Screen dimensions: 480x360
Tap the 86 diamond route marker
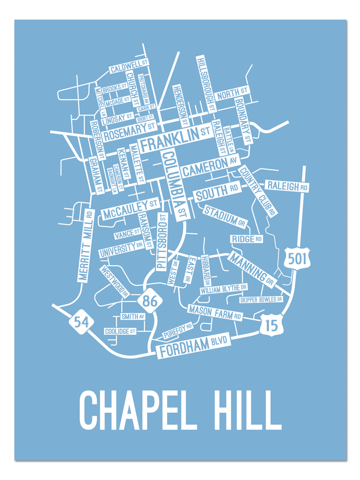[150, 301]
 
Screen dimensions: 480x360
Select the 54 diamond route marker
[82, 322]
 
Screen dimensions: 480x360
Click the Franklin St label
[175, 138]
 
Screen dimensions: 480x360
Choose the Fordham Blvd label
[194, 346]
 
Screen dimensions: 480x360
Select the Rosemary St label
[129, 131]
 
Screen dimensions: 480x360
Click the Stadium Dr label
[225, 216]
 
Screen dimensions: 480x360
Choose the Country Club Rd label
[258, 191]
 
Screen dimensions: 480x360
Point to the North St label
[232, 94]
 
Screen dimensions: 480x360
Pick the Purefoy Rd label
[178, 331]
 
